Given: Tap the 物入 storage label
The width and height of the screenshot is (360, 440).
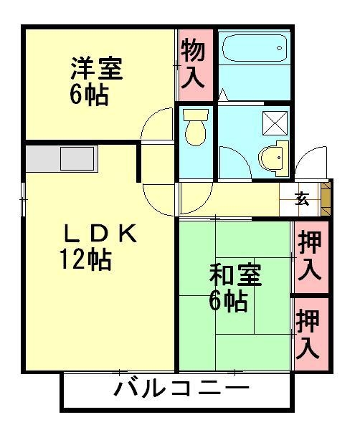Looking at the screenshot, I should click(194, 64).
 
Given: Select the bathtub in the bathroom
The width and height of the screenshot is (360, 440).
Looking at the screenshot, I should click(252, 49).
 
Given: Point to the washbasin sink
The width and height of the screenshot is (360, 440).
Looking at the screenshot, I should click(274, 159).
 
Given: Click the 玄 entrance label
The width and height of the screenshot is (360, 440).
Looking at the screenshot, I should click(303, 199).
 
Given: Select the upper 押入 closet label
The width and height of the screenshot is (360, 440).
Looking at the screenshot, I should click(310, 255).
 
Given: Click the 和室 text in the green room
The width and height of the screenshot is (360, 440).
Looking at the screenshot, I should click(235, 275).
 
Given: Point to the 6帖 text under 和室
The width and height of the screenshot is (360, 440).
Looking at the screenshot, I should click(228, 302).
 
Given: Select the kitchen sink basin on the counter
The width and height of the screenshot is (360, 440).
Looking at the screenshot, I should click(77, 157).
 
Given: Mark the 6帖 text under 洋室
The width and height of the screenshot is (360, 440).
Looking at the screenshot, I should click(89, 95).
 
